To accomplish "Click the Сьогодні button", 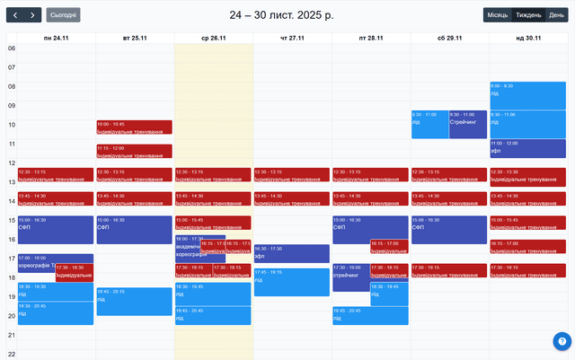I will (63, 14).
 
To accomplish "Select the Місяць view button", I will (497, 14).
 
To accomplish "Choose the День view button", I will (557, 14).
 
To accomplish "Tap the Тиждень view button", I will (528, 14).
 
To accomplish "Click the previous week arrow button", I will (14, 14).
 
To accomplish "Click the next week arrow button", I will (33, 14).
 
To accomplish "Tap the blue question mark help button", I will (562, 341).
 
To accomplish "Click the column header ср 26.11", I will (214, 38).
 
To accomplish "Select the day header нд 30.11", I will (528, 38).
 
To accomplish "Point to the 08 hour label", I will (12, 86).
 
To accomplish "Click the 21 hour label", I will (12, 335).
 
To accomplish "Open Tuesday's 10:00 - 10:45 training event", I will (134, 127).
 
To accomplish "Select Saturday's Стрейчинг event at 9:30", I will (468, 124).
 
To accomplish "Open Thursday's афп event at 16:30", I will (291, 253).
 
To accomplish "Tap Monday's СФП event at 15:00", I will (55, 229).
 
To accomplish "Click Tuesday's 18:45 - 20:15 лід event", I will (134, 302).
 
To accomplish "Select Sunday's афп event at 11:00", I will (528, 148).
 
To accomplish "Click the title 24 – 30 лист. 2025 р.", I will (281, 15).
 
